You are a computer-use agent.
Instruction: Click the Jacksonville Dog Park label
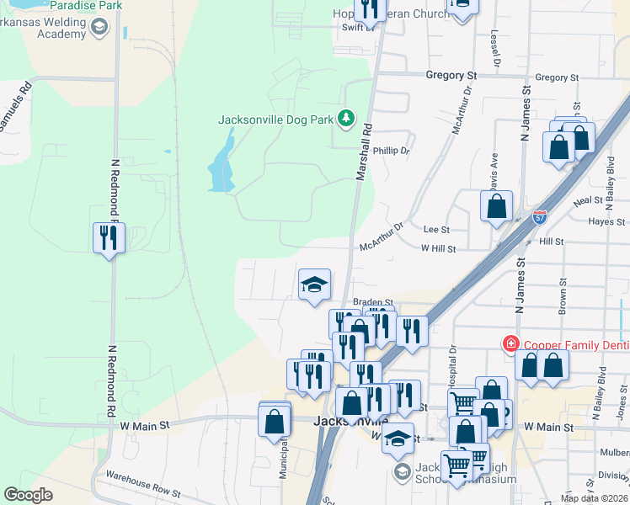275,120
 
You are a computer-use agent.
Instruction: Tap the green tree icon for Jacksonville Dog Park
344,119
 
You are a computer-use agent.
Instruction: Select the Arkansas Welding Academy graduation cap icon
99,29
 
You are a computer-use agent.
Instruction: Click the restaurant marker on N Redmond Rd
109,238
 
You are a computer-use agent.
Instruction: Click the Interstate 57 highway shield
539,217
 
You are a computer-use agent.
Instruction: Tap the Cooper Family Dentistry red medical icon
510,344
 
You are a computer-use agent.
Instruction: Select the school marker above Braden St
314,285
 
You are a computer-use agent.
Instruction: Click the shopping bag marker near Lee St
497,206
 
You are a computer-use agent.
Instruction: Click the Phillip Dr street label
392,151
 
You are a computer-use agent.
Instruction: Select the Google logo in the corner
29,495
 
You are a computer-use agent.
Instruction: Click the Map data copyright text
594,498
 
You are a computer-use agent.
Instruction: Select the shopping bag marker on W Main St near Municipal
275,422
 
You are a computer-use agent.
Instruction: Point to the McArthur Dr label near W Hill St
382,237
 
